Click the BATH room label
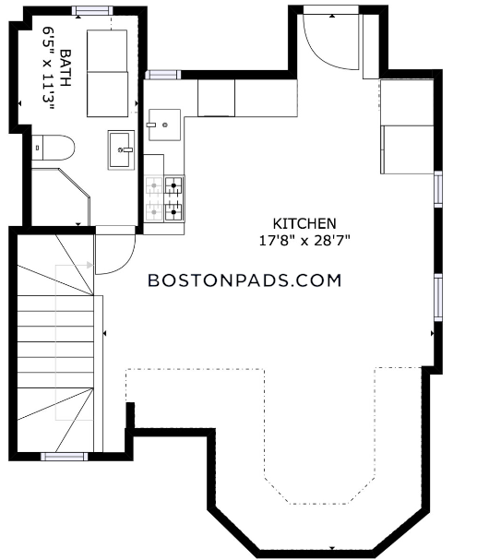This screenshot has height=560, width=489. coord(66,68)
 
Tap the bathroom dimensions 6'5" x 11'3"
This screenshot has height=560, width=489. coord(47,68)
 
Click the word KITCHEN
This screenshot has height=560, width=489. coord(304,224)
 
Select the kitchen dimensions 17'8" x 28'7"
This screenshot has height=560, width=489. coord(304,241)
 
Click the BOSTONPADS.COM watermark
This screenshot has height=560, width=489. coord(244,280)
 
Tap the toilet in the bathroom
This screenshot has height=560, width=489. coord(53,148)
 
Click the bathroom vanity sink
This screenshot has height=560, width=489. coord(122,150)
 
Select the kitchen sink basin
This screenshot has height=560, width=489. coord(164,125)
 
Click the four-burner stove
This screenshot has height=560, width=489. coord(164,198)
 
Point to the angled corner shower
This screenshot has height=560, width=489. coord(60,197)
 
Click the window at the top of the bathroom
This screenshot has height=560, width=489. coord(92,11)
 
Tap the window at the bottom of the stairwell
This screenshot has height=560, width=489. coord(65,457)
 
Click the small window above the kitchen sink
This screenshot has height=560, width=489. coord(163,75)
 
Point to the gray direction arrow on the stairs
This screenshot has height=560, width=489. coord(90,265)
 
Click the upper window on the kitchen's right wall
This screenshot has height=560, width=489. coord(438,189)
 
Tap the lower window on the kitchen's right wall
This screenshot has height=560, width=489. coord(438,297)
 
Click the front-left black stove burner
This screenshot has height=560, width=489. coord(173,212)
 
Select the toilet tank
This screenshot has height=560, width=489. coord(37,148)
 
